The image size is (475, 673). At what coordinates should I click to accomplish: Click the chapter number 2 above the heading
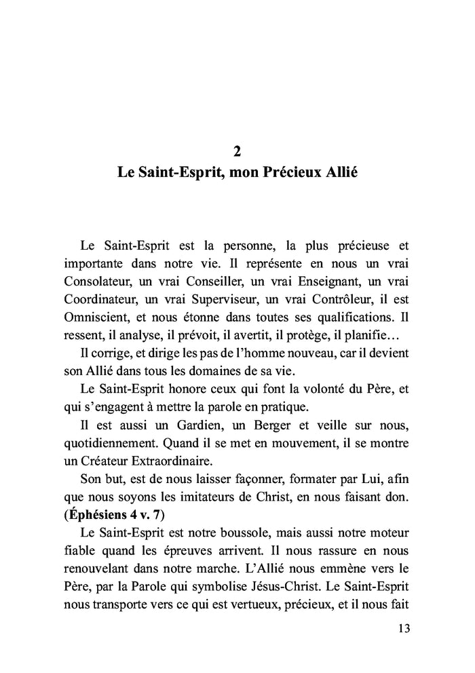pos(237,151)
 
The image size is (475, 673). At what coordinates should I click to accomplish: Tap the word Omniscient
pos(97,315)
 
